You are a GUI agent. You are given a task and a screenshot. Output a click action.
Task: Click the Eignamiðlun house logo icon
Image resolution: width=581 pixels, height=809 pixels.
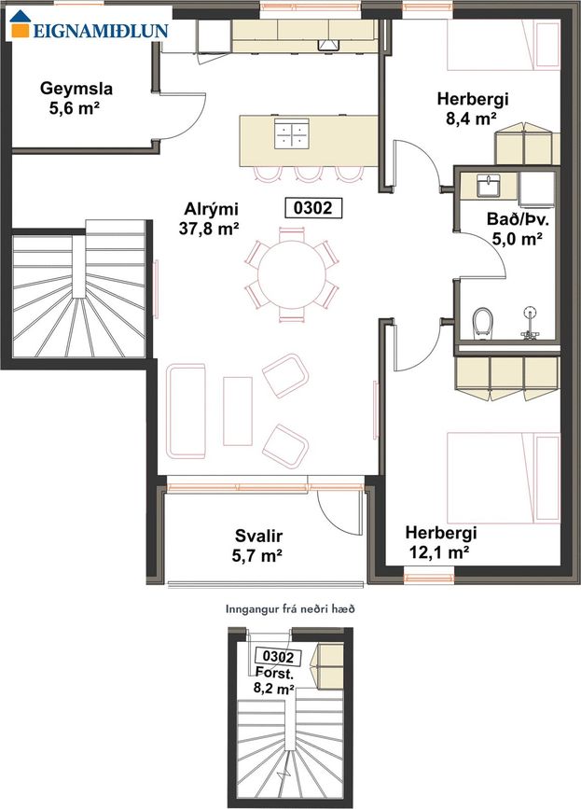point(21,23)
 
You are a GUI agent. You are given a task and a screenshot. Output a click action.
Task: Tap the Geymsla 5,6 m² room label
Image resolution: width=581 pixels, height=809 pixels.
point(76,99)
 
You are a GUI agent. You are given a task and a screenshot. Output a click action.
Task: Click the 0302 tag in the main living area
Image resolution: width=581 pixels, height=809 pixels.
point(313,207)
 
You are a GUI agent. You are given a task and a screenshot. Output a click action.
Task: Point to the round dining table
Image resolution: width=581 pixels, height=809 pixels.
point(292,274)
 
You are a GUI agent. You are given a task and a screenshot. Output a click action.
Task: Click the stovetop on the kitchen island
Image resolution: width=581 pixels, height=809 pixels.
point(291,133)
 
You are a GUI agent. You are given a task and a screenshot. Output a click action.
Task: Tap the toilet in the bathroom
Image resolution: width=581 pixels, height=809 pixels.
point(482,323)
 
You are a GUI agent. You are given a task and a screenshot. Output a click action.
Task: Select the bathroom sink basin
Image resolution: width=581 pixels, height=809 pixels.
point(488,186)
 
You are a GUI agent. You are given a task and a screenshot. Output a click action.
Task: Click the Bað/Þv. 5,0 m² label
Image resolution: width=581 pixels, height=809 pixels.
point(517,229)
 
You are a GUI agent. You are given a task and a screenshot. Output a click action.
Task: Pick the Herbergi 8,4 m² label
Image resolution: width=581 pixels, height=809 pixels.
point(472,108)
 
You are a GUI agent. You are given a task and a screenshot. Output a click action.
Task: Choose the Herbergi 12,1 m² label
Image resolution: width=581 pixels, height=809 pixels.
point(440,542)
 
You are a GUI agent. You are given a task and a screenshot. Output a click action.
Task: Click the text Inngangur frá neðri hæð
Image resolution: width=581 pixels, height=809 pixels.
point(290,609)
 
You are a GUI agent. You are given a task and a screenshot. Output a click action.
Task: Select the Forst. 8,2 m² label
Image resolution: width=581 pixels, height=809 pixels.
point(274,679)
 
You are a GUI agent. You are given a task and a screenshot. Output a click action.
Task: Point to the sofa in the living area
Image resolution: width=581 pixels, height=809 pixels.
point(187,411)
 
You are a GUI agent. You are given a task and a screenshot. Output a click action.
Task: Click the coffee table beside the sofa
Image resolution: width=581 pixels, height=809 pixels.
point(238,411)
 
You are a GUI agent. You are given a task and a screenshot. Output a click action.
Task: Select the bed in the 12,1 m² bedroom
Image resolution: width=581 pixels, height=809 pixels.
point(504,478)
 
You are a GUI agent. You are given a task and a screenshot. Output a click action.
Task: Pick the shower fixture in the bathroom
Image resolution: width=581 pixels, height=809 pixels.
point(530,323)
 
